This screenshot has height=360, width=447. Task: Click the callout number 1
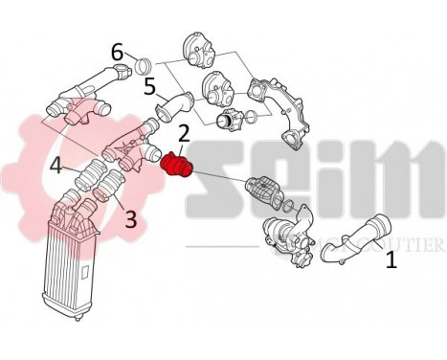[391, 259]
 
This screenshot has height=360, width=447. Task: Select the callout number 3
[130, 219]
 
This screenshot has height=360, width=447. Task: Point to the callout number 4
[56, 167]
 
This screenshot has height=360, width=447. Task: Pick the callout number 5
[149, 87]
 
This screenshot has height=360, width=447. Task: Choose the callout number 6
[117, 52]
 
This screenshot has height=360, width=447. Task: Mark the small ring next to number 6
[144, 66]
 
